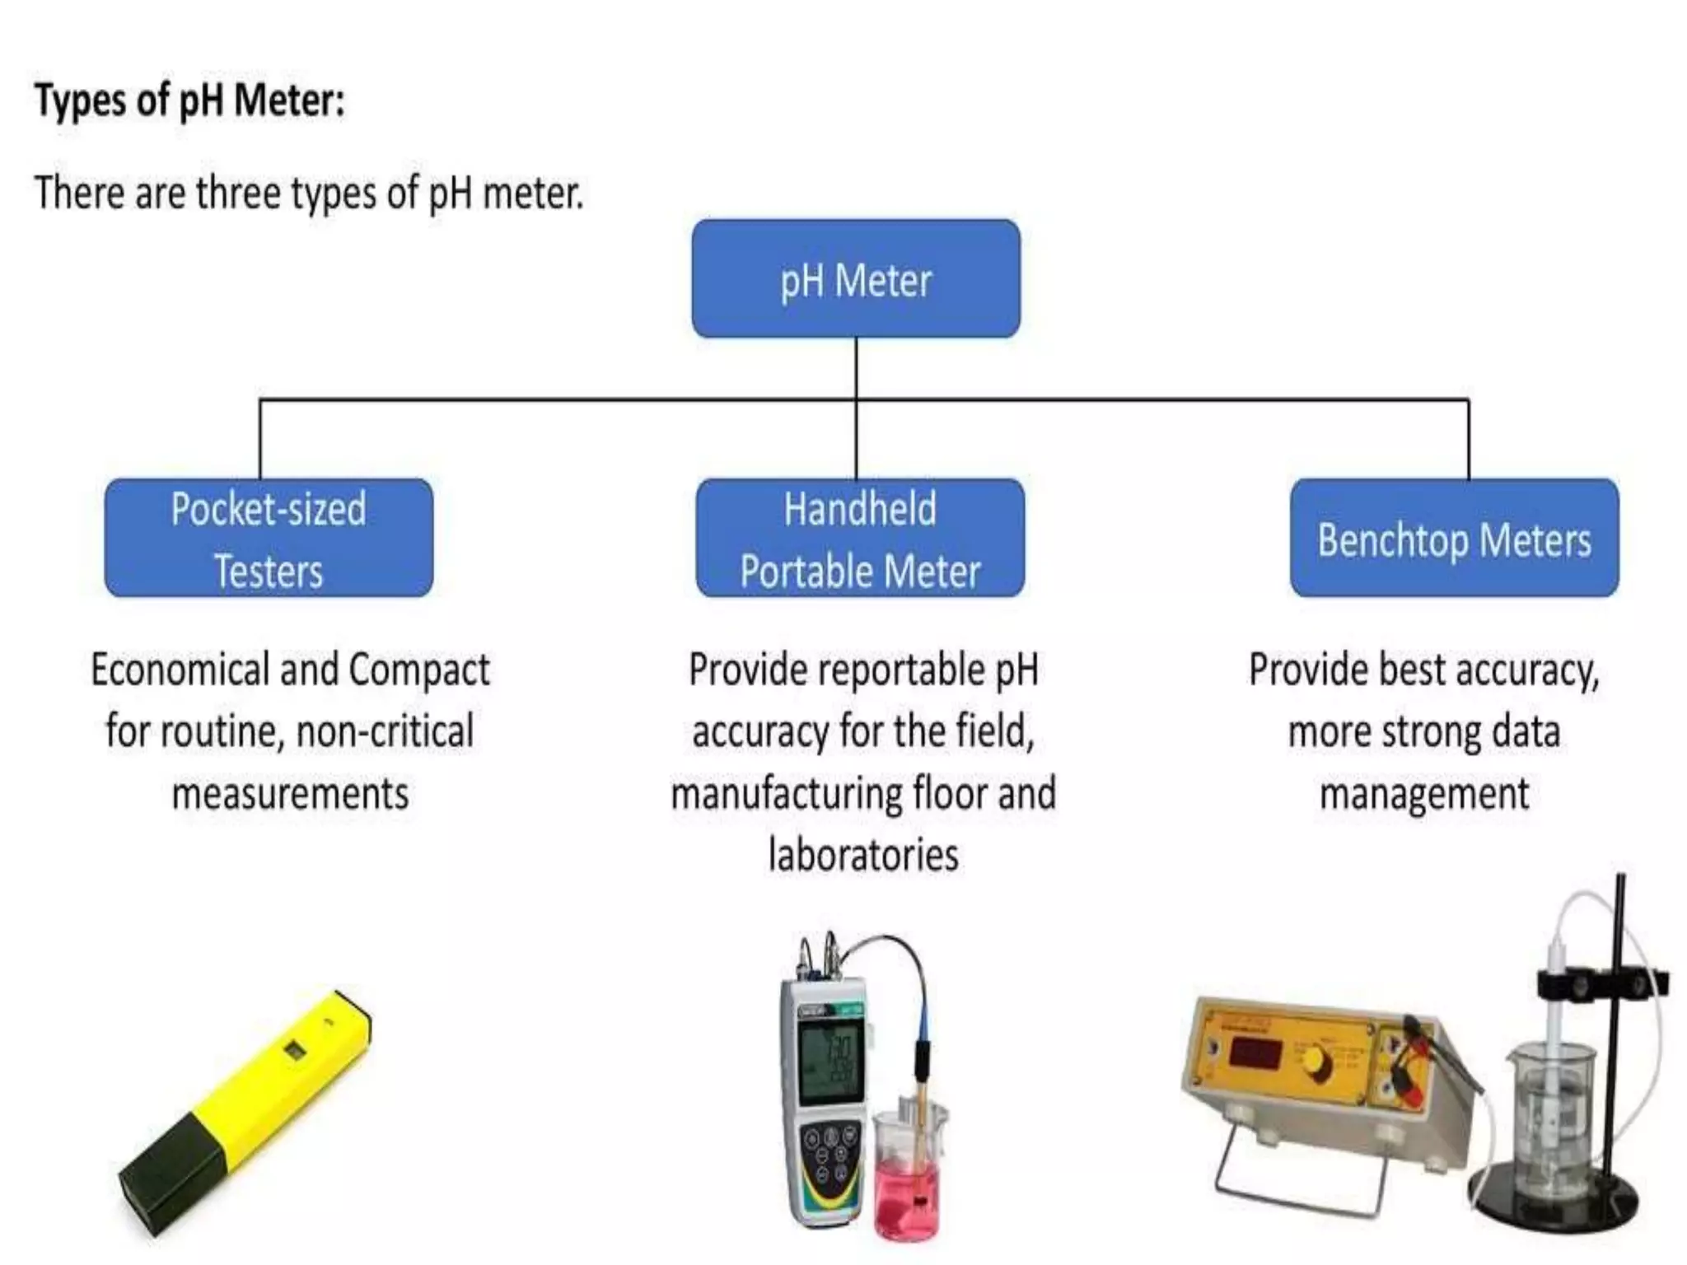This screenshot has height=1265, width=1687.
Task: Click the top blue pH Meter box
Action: (x=856, y=279)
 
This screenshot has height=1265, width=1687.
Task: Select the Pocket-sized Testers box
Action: (x=269, y=539)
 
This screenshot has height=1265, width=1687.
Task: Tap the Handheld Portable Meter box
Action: (x=860, y=539)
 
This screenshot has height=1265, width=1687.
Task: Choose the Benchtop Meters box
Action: (x=1454, y=539)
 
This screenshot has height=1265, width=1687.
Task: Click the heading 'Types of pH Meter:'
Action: (x=189, y=101)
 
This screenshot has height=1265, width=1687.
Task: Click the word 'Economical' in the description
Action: (x=180, y=670)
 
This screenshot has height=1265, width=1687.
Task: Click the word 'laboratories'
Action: (x=863, y=855)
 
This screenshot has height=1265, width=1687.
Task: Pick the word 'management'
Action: (x=1424, y=793)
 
